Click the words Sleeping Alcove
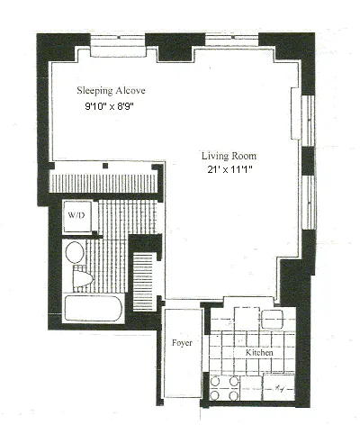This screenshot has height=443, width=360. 111,91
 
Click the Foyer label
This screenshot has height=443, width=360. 181,344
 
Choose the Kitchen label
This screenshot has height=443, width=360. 259,353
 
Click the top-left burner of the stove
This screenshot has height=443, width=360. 217,381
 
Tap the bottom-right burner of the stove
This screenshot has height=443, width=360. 235,394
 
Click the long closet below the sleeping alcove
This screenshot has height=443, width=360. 106,181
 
